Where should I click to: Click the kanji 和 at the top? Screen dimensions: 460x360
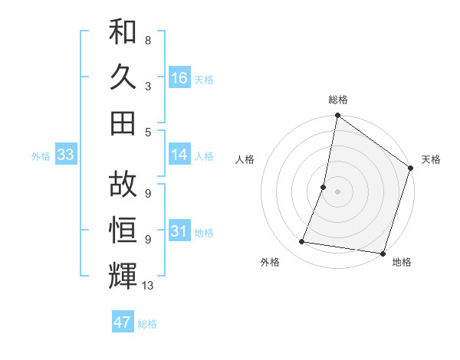[x=123, y=31]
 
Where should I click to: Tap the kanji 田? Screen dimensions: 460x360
[x=123, y=122]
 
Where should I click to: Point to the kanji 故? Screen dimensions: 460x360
[x=123, y=184]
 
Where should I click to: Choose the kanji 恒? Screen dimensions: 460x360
[x=123, y=229]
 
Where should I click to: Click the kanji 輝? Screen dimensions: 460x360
[x=123, y=275]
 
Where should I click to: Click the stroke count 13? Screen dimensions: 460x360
[x=149, y=286]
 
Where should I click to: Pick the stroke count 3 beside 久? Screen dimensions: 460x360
[x=148, y=87]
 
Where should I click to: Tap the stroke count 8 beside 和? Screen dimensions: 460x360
[x=148, y=41]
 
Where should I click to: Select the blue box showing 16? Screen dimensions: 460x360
[x=179, y=77]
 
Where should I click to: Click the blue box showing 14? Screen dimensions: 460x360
[x=179, y=155]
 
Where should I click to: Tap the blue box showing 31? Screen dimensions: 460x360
[x=179, y=231]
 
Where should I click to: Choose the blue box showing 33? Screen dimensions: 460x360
[x=66, y=155]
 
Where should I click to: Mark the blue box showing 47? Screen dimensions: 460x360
[x=123, y=322]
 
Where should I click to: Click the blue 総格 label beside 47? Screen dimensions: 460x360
[x=147, y=324]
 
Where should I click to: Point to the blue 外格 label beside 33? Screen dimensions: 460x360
[x=41, y=156]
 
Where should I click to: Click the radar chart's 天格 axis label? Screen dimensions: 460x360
[x=431, y=159]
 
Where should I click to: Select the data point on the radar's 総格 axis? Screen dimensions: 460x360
[x=337, y=116]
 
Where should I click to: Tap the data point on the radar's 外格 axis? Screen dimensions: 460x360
[x=302, y=242]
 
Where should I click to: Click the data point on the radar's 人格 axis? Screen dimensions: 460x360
[x=324, y=187]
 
